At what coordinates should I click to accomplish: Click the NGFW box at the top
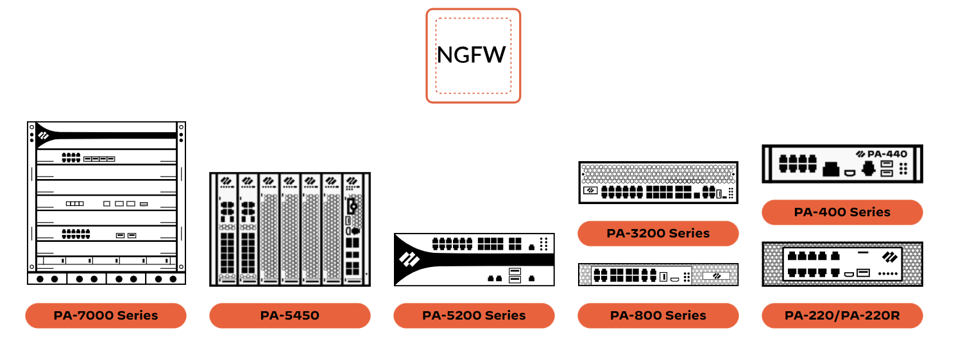click(x=473, y=55)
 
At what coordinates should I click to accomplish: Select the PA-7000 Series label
click(x=106, y=315)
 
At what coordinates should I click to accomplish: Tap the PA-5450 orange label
click(x=289, y=315)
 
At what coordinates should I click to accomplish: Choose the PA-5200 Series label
click(x=474, y=315)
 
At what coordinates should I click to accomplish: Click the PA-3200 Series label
click(x=658, y=233)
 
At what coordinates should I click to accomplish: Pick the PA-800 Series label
click(x=658, y=315)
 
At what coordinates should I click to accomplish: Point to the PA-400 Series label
click(x=842, y=212)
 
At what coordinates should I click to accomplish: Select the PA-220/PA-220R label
click(x=842, y=315)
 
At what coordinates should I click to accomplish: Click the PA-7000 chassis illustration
click(x=106, y=202)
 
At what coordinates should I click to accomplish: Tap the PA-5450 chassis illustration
click(x=289, y=229)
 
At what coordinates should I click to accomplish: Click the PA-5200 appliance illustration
click(x=474, y=259)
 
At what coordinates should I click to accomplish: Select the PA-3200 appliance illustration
click(x=658, y=183)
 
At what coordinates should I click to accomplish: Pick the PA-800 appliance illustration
click(x=658, y=275)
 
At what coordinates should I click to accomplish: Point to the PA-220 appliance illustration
click(x=842, y=264)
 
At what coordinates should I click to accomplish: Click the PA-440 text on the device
click(x=887, y=154)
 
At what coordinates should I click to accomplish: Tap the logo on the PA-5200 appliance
click(x=409, y=260)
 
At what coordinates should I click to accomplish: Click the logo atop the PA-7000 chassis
click(x=44, y=135)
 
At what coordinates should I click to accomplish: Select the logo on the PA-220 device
click(x=889, y=257)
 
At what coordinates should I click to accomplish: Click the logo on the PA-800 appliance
click(x=716, y=276)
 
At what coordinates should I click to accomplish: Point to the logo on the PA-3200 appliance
click(x=590, y=190)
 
